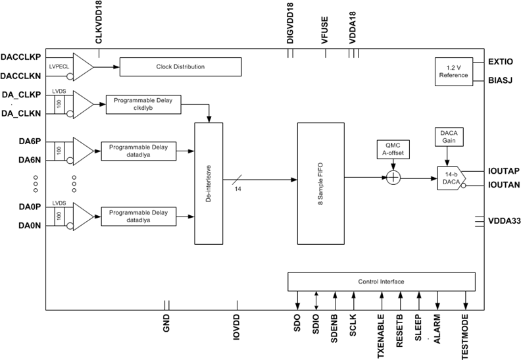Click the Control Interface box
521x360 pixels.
381,282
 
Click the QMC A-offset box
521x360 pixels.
393,150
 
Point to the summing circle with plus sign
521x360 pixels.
393,177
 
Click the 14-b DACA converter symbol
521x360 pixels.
451,178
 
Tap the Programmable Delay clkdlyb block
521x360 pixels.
143,104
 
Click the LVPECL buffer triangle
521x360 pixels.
83,66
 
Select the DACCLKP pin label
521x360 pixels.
22,57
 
